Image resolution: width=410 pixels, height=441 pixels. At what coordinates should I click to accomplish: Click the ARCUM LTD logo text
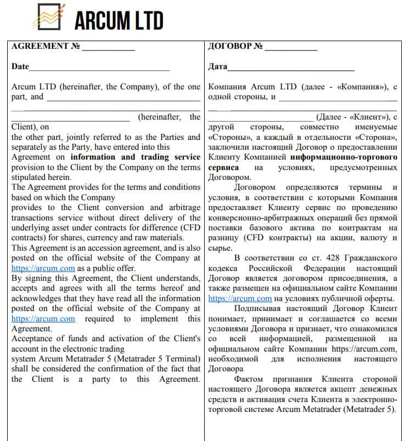click(119, 21)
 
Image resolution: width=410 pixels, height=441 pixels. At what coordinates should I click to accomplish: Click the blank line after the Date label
click(99, 67)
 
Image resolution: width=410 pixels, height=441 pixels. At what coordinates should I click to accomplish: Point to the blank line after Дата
click(291, 67)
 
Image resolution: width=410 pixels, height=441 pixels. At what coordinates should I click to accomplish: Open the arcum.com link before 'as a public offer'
click(43, 268)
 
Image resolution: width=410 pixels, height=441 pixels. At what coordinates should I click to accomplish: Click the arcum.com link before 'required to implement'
click(43, 319)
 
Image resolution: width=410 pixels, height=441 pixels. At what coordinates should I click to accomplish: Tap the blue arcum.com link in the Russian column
click(240, 299)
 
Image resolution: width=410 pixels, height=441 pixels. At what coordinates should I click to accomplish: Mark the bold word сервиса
click(223, 167)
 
